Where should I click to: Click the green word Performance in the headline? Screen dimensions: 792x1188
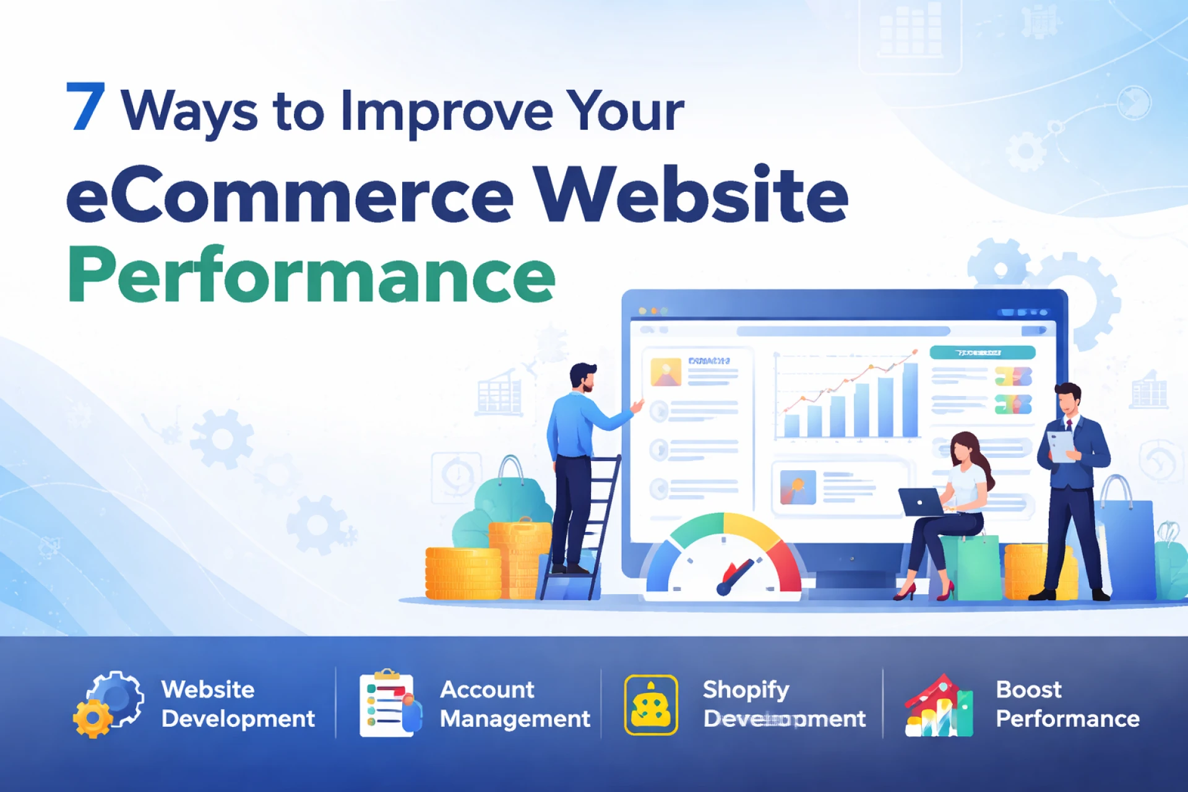(x=311, y=275)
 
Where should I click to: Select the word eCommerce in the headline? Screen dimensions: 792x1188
(x=290, y=195)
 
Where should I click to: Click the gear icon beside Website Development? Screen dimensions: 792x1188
(x=108, y=704)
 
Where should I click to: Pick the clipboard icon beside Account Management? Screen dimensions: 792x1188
(x=389, y=704)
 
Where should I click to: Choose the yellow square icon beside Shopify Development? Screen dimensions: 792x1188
(x=651, y=705)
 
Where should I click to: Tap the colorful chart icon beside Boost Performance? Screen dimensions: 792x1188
(x=939, y=706)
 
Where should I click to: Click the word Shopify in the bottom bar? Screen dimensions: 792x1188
(x=746, y=690)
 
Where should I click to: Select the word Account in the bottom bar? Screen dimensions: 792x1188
(x=487, y=689)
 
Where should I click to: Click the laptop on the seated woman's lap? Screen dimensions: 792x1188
(x=921, y=502)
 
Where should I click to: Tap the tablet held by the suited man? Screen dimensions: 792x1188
(x=1062, y=445)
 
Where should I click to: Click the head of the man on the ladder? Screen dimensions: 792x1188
(x=583, y=376)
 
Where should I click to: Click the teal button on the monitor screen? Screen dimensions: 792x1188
(x=982, y=353)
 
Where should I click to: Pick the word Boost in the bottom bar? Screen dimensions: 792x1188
(x=1028, y=689)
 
